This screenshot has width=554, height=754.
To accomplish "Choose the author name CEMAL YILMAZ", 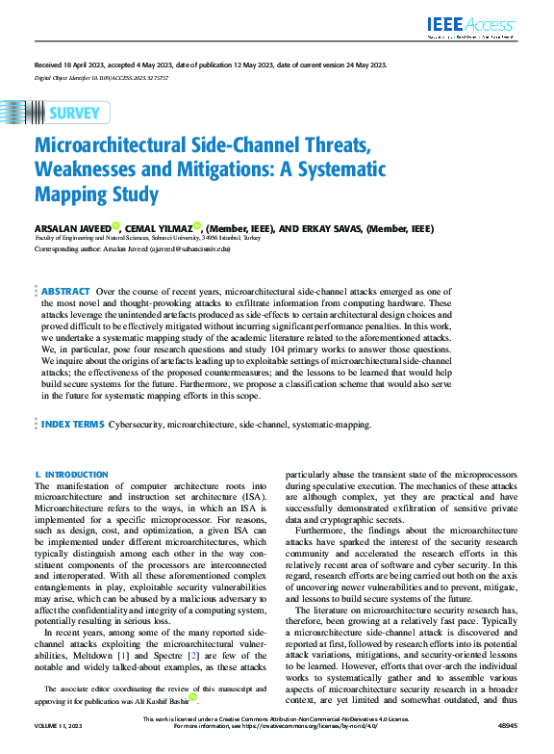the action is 155,229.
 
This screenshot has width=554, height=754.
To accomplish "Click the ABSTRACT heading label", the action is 66,291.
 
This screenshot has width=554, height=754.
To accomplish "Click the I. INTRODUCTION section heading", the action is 71,475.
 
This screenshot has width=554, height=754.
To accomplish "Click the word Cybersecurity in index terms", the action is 138,424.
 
